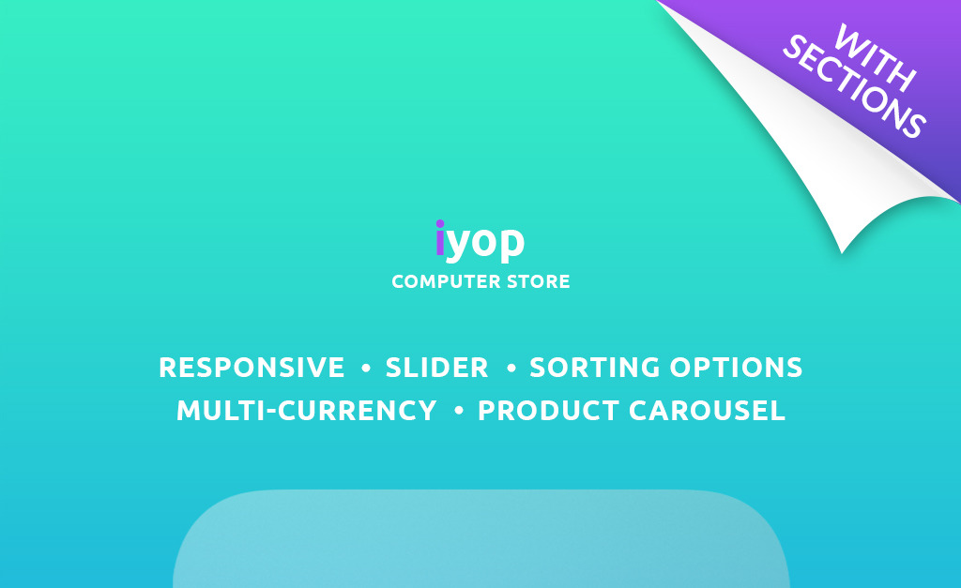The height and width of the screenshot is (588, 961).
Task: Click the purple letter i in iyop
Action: coord(440,237)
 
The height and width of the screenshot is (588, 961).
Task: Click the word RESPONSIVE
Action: coord(252,368)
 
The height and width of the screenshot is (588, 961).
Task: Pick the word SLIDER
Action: coord(436,368)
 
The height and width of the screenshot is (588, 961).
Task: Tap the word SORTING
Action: coord(594,368)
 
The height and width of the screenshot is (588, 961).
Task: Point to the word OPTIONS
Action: coord(736,368)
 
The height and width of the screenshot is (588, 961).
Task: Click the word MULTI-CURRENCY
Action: coord(307,411)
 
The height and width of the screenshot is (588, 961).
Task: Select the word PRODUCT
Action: coord(548,411)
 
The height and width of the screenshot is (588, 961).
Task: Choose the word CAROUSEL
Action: coord(707,411)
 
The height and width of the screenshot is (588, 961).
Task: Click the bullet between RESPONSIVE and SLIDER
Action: coord(366,369)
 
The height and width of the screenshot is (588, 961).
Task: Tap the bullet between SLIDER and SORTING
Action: coord(511,369)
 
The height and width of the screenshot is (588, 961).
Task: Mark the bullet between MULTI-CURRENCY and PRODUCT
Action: coord(458,411)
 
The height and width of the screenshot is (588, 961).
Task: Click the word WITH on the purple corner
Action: coord(876,58)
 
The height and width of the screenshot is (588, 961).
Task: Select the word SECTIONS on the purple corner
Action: coord(854,86)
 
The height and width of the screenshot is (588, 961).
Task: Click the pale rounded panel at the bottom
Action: coord(481,539)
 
